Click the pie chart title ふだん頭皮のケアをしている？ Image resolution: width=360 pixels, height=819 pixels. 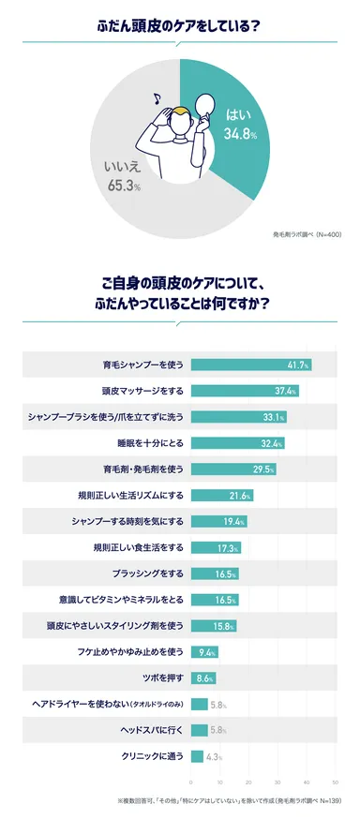(179, 25)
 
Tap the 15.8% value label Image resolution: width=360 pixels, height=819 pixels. (223, 626)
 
